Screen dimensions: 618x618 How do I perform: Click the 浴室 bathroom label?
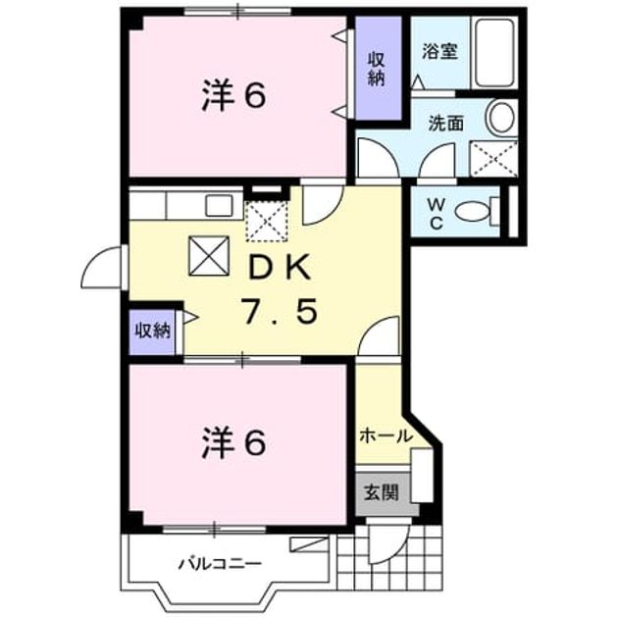coord(439,51)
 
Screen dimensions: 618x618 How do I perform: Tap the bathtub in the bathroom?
coord(494,52)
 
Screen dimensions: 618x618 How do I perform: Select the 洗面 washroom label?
coord(445,124)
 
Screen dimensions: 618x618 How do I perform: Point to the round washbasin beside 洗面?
coord(501,117)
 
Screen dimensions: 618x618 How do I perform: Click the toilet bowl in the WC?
coord(472,211)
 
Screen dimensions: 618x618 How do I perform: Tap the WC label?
coord(437,214)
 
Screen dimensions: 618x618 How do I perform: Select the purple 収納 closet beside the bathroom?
coord(379,69)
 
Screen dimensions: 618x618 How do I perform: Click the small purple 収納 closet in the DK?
coord(152,332)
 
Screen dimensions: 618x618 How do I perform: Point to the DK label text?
coord(280,268)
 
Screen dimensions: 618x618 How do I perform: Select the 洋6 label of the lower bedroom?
coord(233,443)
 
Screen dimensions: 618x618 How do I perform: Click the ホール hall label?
coord(386,436)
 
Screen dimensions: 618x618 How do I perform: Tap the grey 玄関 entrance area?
coord(382,492)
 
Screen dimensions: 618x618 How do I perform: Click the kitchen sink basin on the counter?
coord(219,206)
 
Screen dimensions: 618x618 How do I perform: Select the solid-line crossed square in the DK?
coord(209,256)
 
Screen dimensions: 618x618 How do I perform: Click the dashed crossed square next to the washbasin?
coord(493,159)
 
